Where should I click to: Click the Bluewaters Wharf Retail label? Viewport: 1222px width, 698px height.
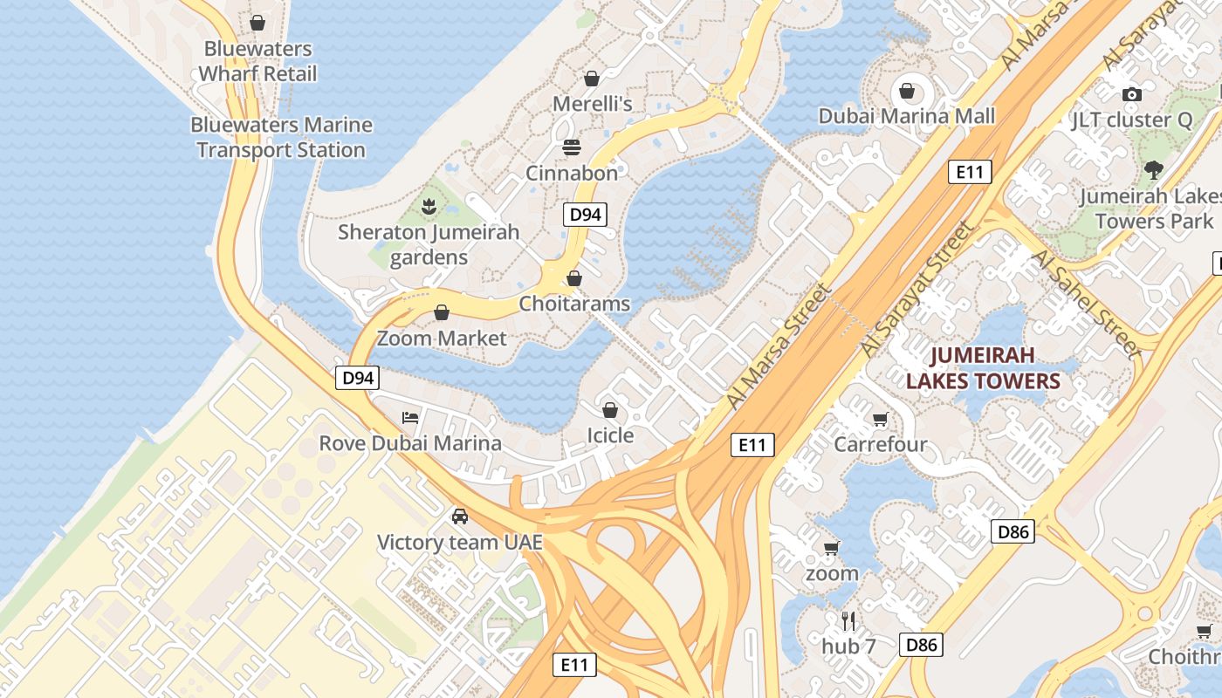[x=257, y=61]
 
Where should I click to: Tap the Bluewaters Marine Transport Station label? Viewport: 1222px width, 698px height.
[x=281, y=137]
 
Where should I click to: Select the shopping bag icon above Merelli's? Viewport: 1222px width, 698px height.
[x=592, y=79]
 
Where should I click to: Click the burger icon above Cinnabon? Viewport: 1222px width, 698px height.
[x=572, y=147]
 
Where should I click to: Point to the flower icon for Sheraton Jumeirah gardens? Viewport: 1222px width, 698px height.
[x=429, y=207]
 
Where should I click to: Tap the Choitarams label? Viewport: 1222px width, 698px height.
[x=574, y=304]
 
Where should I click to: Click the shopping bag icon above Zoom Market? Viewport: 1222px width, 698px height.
[x=442, y=312]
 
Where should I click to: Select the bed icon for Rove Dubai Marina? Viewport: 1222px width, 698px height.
[x=410, y=417]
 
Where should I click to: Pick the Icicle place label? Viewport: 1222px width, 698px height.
[x=610, y=435]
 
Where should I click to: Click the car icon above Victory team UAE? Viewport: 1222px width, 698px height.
[x=460, y=517]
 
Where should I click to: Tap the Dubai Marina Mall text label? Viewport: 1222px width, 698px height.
[x=906, y=116]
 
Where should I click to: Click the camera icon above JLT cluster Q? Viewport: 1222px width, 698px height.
[x=1132, y=94]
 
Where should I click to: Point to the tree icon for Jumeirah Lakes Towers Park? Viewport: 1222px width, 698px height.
[x=1154, y=170]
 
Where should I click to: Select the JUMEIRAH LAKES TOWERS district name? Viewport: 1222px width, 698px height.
[x=983, y=367]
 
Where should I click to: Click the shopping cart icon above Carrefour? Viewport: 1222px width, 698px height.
[x=880, y=420]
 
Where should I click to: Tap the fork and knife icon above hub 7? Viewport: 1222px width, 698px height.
[x=848, y=620]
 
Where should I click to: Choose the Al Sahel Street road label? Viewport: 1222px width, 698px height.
[x=1085, y=303]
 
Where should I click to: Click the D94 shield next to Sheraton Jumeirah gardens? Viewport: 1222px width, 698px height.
[x=584, y=215]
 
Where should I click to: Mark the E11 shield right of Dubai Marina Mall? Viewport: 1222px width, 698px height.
[x=970, y=172]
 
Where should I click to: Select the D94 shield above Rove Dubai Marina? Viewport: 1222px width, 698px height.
[x=358, y=378]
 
